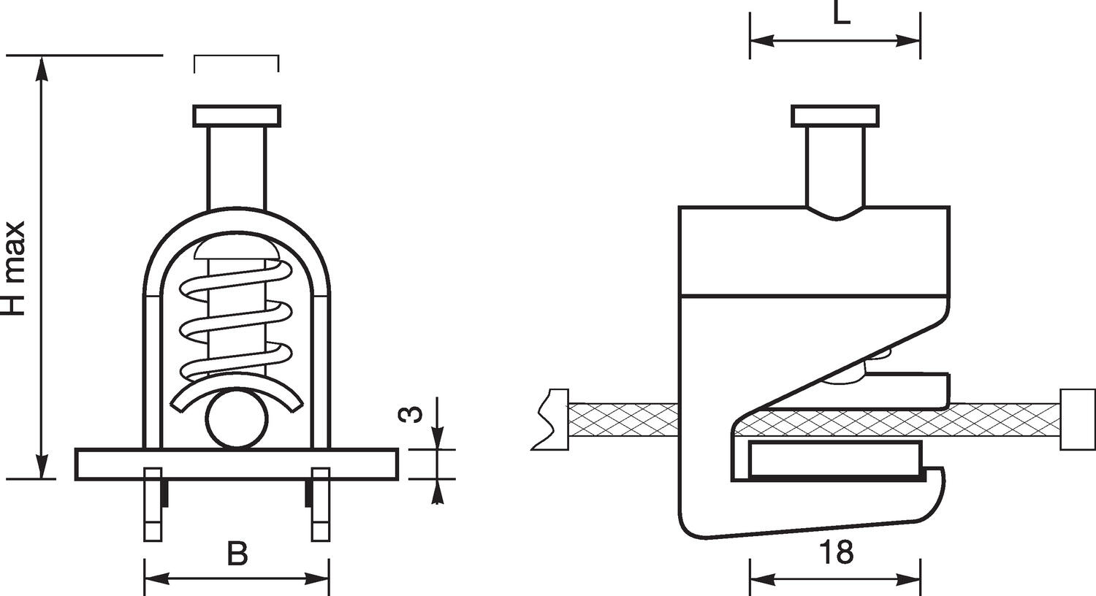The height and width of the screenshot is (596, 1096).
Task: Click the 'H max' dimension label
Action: (15, 268)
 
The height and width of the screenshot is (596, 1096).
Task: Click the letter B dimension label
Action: (237, 554)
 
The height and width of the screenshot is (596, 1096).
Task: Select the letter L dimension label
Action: (842, 13)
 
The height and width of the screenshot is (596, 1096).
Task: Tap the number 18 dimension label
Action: (835, 554)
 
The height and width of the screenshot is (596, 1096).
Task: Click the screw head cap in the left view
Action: (237, 116)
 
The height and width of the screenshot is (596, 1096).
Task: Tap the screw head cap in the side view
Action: (835, 116)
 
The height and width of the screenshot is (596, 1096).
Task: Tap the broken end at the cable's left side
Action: (549, 419)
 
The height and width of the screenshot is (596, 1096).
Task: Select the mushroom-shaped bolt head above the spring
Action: (236, 251)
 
